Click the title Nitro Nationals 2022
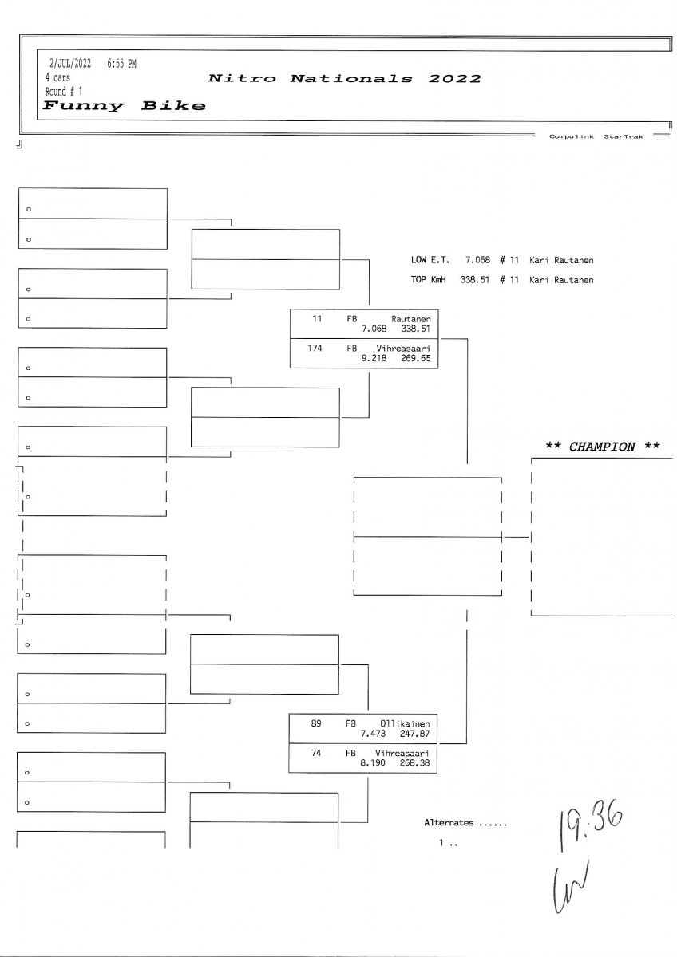coord(344,78)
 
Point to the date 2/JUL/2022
coord(70,64)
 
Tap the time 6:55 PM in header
coord(121,64)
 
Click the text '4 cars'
coord(57,78)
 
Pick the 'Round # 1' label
coord(64,92)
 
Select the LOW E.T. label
coord(430,260)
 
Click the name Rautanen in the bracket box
coord(410,317)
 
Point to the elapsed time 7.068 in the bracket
coord(374,328)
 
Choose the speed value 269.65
coord(416,359)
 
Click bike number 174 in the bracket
coord(315,349)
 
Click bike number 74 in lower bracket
coord(316,752)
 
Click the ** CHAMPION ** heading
coord(602,447)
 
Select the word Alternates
coord(449,822)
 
